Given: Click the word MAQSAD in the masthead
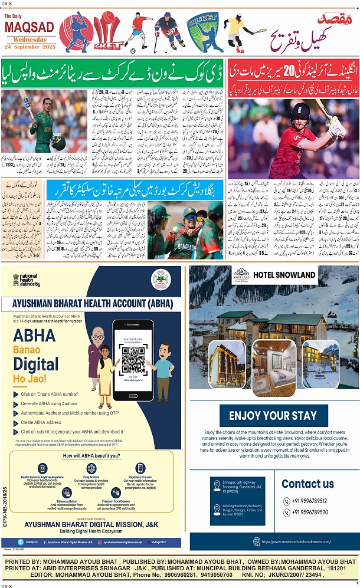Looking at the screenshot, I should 30,27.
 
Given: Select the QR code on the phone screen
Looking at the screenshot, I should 133,357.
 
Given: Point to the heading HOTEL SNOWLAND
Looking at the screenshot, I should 284,275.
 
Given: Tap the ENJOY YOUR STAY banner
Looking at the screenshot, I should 274,416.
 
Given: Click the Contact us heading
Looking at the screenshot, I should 307,484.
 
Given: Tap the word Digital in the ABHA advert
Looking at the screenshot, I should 36,363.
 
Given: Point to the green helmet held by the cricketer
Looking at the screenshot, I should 58,140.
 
